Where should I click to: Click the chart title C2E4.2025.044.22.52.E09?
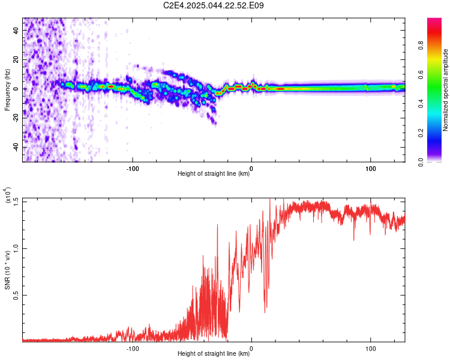tap(213, 5)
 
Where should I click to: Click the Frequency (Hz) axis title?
tap(7, 89)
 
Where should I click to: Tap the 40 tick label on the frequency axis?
tap(16, 30)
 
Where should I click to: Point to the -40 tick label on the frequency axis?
tap(16, 148)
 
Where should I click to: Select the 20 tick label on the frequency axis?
tap(16, 59)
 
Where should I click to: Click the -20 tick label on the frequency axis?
tap(16, 119)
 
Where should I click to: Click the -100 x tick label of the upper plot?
tap(133, 169)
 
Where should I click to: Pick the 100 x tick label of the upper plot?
tap(371, 169)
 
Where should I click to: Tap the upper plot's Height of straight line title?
tap(214, 173)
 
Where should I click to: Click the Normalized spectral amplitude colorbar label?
tap(445, 89)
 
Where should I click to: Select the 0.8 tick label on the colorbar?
tap(421, 45)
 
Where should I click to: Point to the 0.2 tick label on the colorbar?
tap(421, 133)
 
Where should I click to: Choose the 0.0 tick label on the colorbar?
tap(421, 162)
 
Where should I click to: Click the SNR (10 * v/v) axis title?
tap(7, 270)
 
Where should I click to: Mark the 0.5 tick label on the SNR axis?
tap(16, 295)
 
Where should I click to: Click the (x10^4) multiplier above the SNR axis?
tap(7, 195)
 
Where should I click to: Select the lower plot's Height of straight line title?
tap(214, 353)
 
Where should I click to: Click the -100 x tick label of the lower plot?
tap(133, 349)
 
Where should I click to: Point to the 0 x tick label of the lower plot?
tap(251, 349)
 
